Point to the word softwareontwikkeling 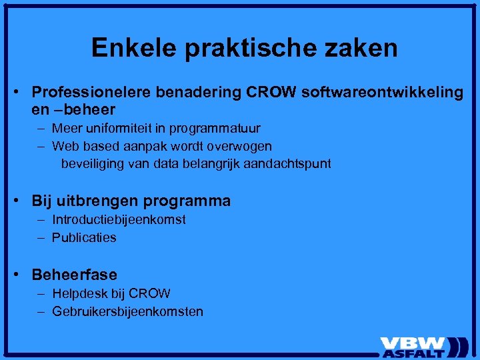[382, 92]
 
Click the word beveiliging [92, 163]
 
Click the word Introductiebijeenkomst [119, 219]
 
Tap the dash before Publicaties [42, 237]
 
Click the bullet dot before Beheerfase [22, 274]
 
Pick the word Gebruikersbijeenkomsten [127, 311]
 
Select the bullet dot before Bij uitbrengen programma [22, 200]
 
